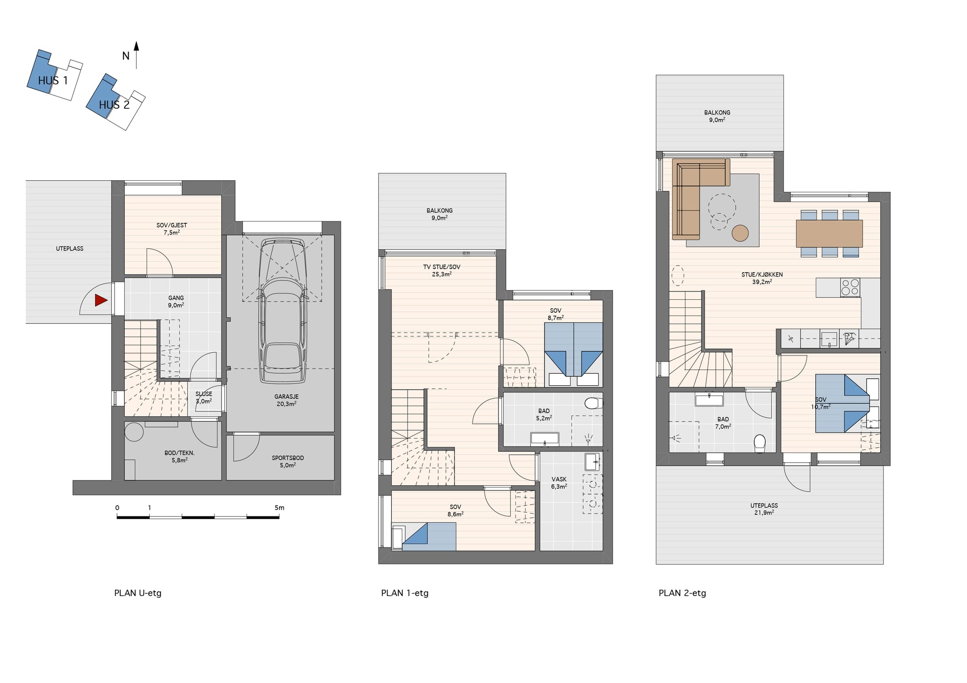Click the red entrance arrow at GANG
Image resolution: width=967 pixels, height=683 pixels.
[x=101, y=300]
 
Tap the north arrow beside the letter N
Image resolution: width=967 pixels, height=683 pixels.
[x=136, y=55]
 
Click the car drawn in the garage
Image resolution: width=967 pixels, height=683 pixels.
[x=283, y=311]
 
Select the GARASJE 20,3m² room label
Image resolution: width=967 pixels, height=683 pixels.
[x=287, y=400]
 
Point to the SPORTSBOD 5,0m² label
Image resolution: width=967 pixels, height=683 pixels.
[x=288, y=461]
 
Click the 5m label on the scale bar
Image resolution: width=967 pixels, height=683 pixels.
[x=279, y=508]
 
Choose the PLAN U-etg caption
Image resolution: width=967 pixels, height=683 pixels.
[x=138, y=593]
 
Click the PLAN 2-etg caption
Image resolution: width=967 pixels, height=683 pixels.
[x=682, y=593]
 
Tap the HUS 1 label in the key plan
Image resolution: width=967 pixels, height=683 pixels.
[x=53, y=81]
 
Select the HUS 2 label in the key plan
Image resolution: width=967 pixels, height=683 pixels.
[x=114, y=105]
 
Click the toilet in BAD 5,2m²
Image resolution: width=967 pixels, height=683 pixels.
[x=594, y=403]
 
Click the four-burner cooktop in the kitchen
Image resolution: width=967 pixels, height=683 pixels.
[x=850, y=287]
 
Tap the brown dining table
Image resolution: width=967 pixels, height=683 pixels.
[x=829, y=233]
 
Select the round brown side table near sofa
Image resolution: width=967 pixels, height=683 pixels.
[x=740, y=233]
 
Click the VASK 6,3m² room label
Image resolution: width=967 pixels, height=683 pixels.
[x=559, y=483]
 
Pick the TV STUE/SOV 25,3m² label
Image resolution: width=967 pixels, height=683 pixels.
[x=442, y=271]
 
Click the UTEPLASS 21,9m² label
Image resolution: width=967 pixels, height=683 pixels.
[x=764, y=509]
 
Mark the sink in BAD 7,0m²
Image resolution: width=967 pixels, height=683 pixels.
[x=709, y=400]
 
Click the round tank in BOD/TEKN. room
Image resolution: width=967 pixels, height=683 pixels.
[x=134, y=432]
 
